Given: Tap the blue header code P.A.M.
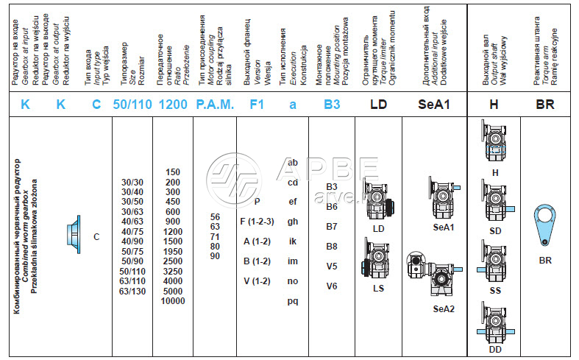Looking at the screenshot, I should [x=215, y=105].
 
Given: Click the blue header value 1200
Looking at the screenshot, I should [x=173, y=105].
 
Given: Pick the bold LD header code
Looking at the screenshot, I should [x=378, y=105].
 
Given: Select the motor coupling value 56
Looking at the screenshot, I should [x=215, y=217].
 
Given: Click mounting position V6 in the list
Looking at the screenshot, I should [x=332, y=286].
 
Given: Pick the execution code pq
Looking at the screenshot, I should [x=293, y=300].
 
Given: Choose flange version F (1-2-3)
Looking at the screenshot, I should [x=257, y=220].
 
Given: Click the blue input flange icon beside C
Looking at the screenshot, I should [x=74, y=236].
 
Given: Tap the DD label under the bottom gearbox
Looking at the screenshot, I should [x=495, y=349].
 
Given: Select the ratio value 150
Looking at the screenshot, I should [x=173, y=172].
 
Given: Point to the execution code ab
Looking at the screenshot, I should [x=293, y=161].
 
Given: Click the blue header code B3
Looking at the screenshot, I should [x=332, y=105].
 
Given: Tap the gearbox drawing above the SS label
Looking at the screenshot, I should [x=495, y=263].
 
